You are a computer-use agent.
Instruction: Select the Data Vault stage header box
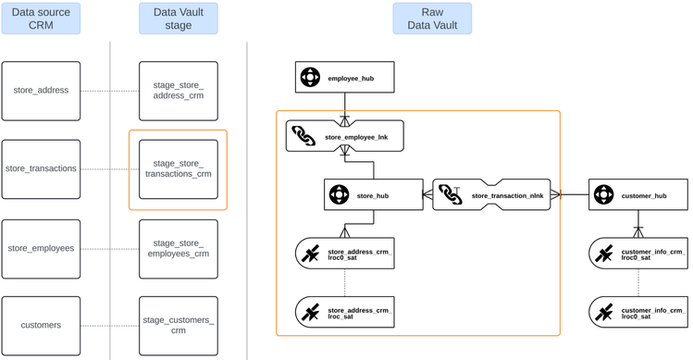(179, 18)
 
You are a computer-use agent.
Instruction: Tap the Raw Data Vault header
(431, 18)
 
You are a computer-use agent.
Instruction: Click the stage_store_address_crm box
(179, 92)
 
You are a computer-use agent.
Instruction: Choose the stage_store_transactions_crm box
(179, 169)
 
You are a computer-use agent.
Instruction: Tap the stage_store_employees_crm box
(179, 248)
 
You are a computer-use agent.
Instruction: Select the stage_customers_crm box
(179, 325)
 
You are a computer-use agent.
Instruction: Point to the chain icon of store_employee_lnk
(304, 137)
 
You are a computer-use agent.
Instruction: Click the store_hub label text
(372, 196)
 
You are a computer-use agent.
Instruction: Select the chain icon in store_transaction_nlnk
(451, 195)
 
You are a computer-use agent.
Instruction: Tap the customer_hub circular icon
(604, 195)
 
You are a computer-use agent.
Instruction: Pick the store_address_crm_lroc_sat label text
(360, 313)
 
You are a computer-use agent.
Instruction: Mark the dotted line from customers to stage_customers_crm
(108, 325)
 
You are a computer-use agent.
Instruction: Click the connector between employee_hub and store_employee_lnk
(346, 106)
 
